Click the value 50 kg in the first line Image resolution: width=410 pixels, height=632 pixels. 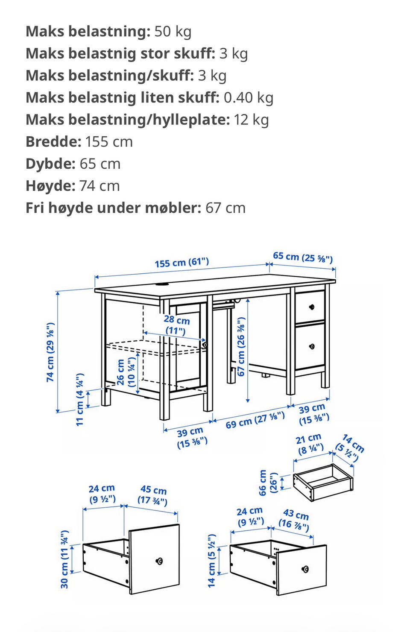point(173,31)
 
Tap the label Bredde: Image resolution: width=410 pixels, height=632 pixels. point(53,142)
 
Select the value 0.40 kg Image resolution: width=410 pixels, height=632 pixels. point(248,97)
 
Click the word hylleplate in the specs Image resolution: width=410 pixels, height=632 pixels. point(188,120)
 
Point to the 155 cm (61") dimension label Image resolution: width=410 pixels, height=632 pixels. point(182,262)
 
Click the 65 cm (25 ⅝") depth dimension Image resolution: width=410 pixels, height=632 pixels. point(302,257)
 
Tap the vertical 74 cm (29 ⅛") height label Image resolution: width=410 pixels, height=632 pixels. point(51,352)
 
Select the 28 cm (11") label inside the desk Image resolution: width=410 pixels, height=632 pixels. point(176,325)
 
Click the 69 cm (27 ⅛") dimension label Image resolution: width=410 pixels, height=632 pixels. point(255,420)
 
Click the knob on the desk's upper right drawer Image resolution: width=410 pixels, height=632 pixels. point(311,307)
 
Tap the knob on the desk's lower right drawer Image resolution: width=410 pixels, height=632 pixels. point(312,346)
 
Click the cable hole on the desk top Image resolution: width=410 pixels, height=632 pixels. point(163,285)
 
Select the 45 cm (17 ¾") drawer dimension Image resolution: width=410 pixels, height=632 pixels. point(153,495)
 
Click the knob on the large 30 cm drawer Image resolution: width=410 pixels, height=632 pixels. point(160,561)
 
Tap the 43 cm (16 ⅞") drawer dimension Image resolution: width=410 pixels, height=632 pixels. point(295,519)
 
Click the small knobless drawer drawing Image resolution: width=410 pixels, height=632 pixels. point(323,483)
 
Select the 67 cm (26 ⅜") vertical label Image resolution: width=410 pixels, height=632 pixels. point(241,346)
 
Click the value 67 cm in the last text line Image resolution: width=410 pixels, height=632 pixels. point(225,208)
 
